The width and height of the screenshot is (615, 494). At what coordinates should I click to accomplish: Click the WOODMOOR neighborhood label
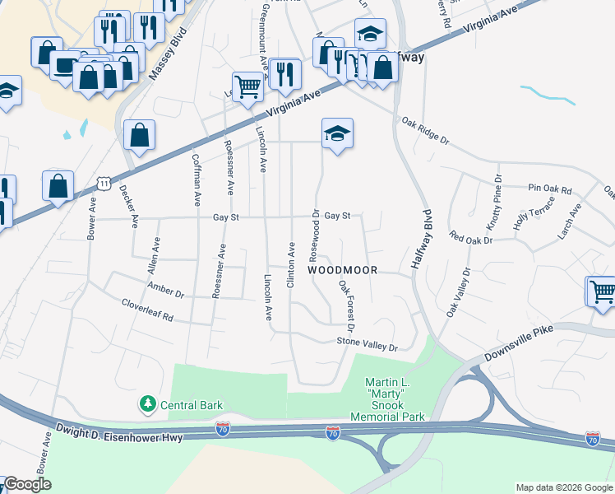click(x=343, y=270)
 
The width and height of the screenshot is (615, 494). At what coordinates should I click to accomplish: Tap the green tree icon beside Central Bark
click(x=147, y=403)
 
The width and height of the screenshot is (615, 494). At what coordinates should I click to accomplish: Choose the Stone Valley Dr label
click(x=367, y=343)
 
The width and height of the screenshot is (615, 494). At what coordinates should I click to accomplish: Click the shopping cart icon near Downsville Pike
click(x=601, y=291)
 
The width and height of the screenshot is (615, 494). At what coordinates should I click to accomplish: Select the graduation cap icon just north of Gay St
click(x=337, y=133)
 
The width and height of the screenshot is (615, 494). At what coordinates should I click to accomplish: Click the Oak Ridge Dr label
click(x=425, y=130)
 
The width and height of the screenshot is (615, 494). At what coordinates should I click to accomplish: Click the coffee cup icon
click(x=65, y=65)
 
